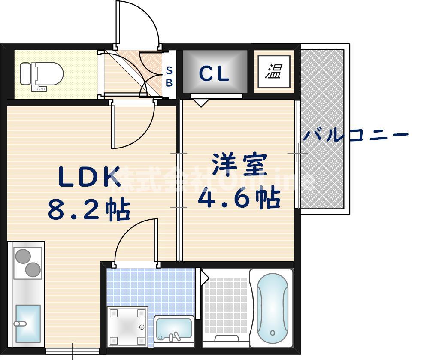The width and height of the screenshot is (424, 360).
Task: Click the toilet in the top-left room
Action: (41, 74)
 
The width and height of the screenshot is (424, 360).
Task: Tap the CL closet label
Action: (214, 73)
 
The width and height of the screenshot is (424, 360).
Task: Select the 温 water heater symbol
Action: (273, 71)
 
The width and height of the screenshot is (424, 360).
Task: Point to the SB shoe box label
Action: (169, 76)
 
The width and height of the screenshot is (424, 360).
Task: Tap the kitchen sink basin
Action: (28, 320)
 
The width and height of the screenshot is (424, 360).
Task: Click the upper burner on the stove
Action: (22, 256)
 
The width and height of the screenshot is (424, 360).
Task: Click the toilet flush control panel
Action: (40, 88)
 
